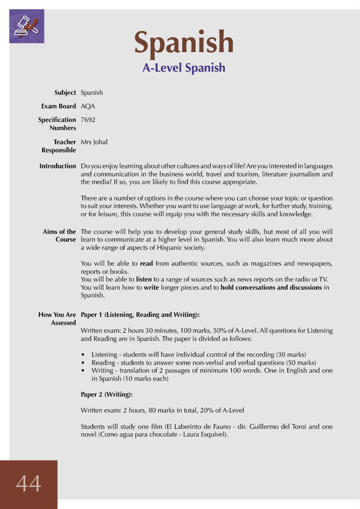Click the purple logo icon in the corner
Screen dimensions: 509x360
pos(26,26)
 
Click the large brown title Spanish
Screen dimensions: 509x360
pos(184,42)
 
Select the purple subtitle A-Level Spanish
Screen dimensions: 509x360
pos(184,68)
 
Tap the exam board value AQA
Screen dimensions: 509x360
pos(88,106)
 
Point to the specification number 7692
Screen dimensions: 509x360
pos(88,120)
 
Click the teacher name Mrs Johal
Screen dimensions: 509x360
pos(94,142)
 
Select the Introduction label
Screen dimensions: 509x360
pos(58,166)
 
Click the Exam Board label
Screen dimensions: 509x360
pos(58,106)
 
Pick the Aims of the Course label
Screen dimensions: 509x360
pos(59,236)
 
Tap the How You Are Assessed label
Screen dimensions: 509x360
pos(57,319)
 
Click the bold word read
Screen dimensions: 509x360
pos(146,263)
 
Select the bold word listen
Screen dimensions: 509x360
pos(144,279)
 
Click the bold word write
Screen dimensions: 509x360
pos(151,287)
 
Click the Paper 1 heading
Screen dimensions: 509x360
pos(140,315)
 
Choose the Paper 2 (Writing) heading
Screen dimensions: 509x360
pos(107,395)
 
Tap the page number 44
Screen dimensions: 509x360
pos(29,484)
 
